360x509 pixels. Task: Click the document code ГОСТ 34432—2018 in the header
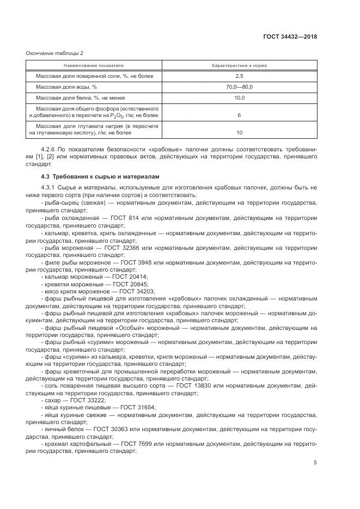pos(290,38)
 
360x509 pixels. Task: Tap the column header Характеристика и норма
pos(239,65)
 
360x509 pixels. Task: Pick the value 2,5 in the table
pos(239,76)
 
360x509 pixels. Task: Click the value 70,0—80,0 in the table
pos(239,87)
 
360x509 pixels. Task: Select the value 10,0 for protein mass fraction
pos(239,98)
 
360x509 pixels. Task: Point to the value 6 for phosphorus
pos(239,115)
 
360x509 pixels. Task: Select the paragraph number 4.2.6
pos(49,149)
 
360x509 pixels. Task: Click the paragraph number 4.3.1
pos(49,188)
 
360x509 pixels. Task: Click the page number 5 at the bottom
pos(315,463)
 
